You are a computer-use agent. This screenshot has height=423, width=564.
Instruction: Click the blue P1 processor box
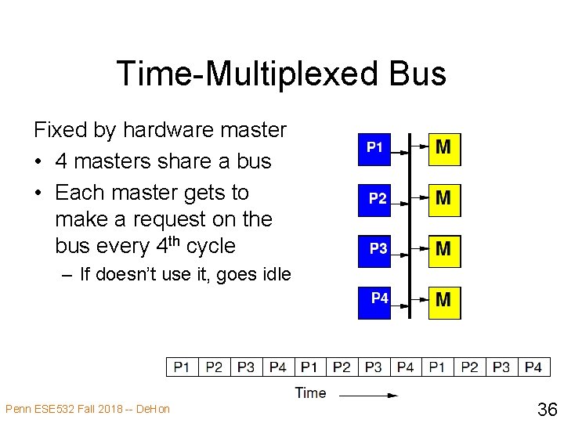(x=375, y=146)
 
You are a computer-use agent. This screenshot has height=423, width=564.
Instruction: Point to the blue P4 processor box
(x=379, y=301)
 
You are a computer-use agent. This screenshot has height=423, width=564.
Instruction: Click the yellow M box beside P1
(x=444, y=147)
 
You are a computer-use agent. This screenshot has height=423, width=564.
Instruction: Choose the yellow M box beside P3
(x=444, y=250)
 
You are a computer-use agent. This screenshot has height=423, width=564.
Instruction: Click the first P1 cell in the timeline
(x=182, y=367)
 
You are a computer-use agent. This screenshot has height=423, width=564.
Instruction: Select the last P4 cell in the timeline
(x=533, y=367)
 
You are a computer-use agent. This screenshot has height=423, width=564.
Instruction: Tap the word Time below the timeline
(x=311, y=392)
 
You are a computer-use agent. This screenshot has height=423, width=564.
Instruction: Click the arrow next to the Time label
(x=371, y=395)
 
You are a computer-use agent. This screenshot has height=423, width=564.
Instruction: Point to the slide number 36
(x=546, y=408)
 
